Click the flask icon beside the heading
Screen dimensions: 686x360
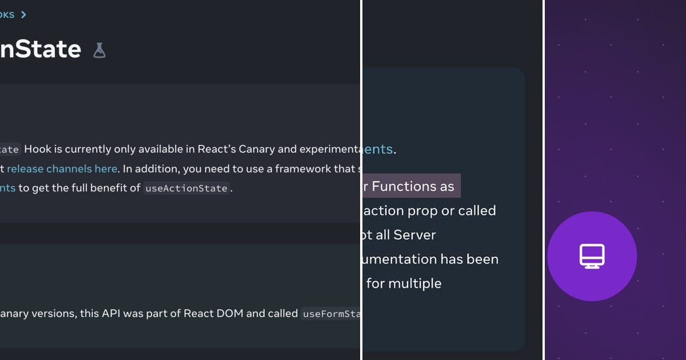pos(99,50)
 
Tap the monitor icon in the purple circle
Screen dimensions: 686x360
pos(592,256)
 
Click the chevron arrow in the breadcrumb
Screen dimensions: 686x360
pos(23,15)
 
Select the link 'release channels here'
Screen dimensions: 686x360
pos(62,169)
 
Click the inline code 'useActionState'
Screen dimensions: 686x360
pos(186,188)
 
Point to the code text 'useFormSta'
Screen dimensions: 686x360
pos(331,314)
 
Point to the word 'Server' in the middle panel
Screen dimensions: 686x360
pos(414,235)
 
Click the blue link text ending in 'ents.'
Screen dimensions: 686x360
pos(378,150)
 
